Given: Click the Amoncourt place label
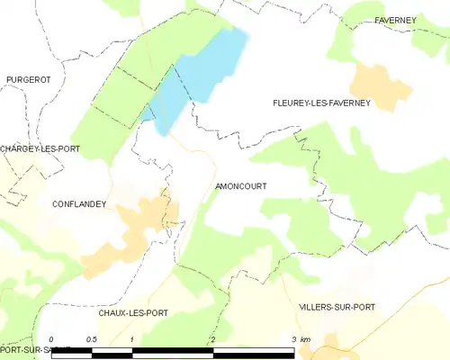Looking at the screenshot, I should [241, 186].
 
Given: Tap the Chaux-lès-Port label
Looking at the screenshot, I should [133, 312].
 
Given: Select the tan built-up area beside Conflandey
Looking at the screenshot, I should [135, 229].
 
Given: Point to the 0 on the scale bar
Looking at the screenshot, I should [52, 339].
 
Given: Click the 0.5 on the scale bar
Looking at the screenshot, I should [91, 339].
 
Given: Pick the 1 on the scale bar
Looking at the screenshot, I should [132, 339].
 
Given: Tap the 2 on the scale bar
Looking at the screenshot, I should [212, 339].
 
